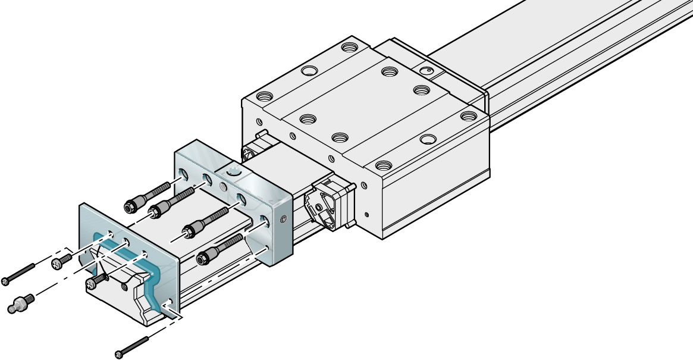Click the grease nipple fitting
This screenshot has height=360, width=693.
coord(19,304)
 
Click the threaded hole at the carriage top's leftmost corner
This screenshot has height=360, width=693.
coord(264,96)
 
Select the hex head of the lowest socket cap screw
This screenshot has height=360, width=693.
coord(203,258)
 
